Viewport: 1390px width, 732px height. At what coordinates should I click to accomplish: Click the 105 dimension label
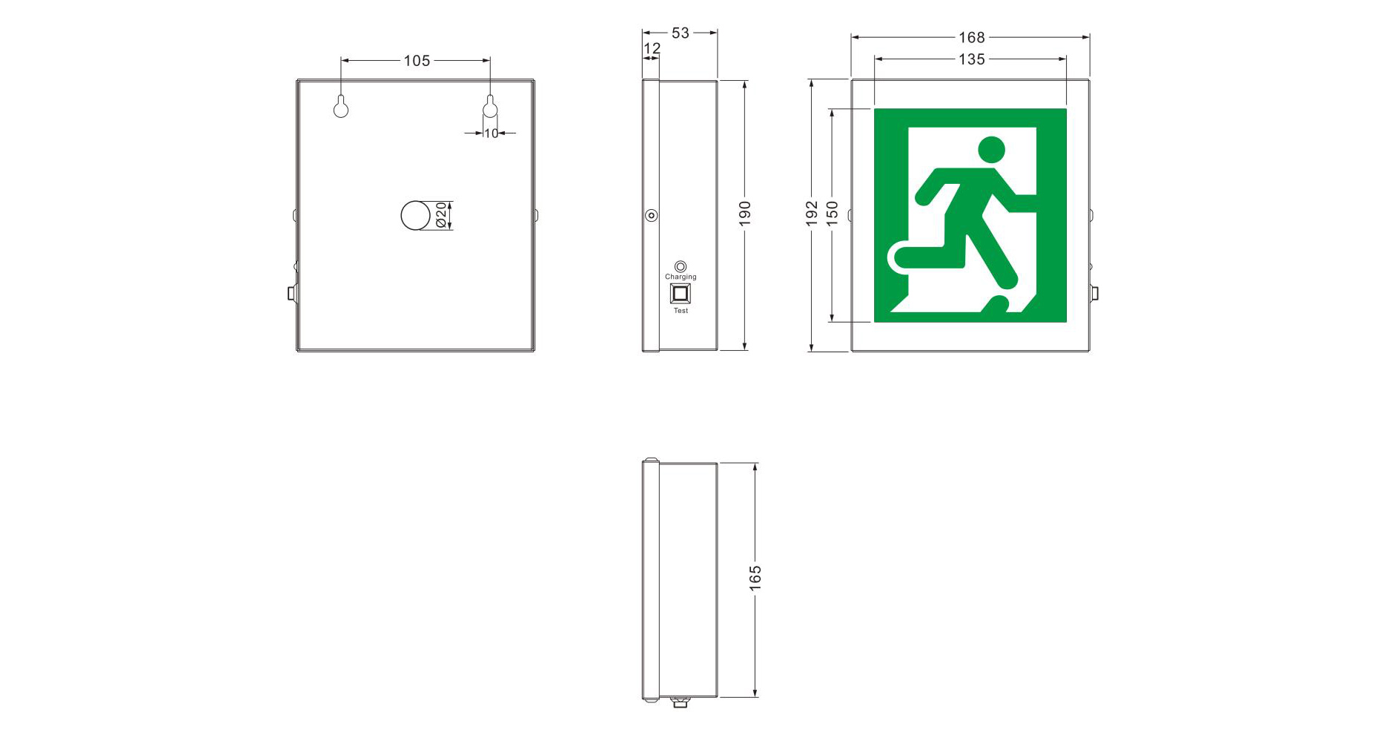tap(417, 61)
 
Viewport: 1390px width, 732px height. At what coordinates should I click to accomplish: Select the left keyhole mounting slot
tap(341, 108)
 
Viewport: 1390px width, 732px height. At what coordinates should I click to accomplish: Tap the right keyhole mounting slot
tap(489, 108)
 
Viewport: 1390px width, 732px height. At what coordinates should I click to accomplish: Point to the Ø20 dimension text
tap(441, 215)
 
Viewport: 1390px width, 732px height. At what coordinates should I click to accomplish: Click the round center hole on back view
tap(415, 215)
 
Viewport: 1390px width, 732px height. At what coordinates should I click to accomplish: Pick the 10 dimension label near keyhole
tap(491, 133)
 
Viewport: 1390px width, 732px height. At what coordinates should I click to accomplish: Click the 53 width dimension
tap(680, 33)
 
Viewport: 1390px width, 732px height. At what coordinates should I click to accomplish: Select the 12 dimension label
tap(652, 49)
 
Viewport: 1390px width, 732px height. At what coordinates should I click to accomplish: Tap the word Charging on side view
tap(681, 277)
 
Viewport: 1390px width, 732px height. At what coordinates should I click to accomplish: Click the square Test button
tap(680, 294)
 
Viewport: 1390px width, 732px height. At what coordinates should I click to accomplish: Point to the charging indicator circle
tap(681, 266)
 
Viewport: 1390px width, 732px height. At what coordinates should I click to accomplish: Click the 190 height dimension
tap(745, 213)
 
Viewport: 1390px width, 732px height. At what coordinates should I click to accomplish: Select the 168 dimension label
tap(971, 37)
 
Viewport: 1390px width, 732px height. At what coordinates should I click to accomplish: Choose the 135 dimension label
tap(971, 59)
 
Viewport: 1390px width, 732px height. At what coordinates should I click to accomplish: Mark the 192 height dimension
tap(812, 213)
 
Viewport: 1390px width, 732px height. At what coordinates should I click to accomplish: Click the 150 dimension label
tap(833, 213)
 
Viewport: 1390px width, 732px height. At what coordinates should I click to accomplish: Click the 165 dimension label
tap(755, 578)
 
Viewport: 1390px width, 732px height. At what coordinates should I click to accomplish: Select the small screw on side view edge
tap(651, 216)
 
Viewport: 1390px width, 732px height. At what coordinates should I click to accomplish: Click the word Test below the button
tap(681, 311)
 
